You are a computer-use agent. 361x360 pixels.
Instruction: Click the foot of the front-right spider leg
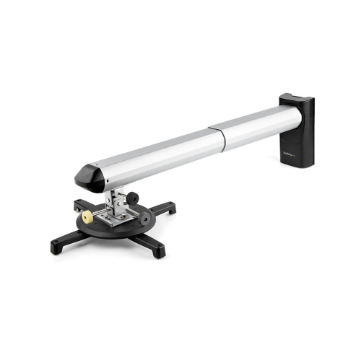pos(157,252)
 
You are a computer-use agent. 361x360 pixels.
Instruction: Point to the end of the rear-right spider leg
pos(170,209)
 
